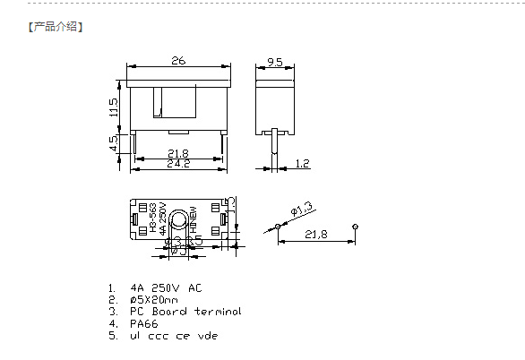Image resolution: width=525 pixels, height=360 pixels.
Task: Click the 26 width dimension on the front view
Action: click(x=178, y=61)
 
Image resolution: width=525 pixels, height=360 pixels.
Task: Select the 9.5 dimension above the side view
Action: click(x=275, y=62)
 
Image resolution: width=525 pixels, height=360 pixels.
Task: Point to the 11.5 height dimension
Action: click(x=114, y=107)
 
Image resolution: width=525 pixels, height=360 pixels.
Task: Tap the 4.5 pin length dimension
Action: click(x=114, y=143)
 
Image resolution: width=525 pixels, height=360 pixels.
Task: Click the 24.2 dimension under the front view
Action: click(x=178, y=164)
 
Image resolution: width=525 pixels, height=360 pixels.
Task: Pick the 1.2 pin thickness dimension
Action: click(x=302, y=163)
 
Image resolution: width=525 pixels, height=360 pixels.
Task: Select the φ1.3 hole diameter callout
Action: click(x=300, y=210)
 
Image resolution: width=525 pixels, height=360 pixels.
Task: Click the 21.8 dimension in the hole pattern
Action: click(x=316, y=234)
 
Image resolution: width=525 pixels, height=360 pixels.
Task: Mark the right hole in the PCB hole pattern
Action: click(x=357, y=226)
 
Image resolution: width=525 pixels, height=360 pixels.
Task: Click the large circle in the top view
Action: click(x=180, y=220)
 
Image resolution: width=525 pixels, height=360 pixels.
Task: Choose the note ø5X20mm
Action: click(x=154, y=300)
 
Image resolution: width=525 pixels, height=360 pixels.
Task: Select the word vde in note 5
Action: click(x=207, y=336)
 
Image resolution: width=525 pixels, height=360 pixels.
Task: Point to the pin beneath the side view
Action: click(x=276, y=143)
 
